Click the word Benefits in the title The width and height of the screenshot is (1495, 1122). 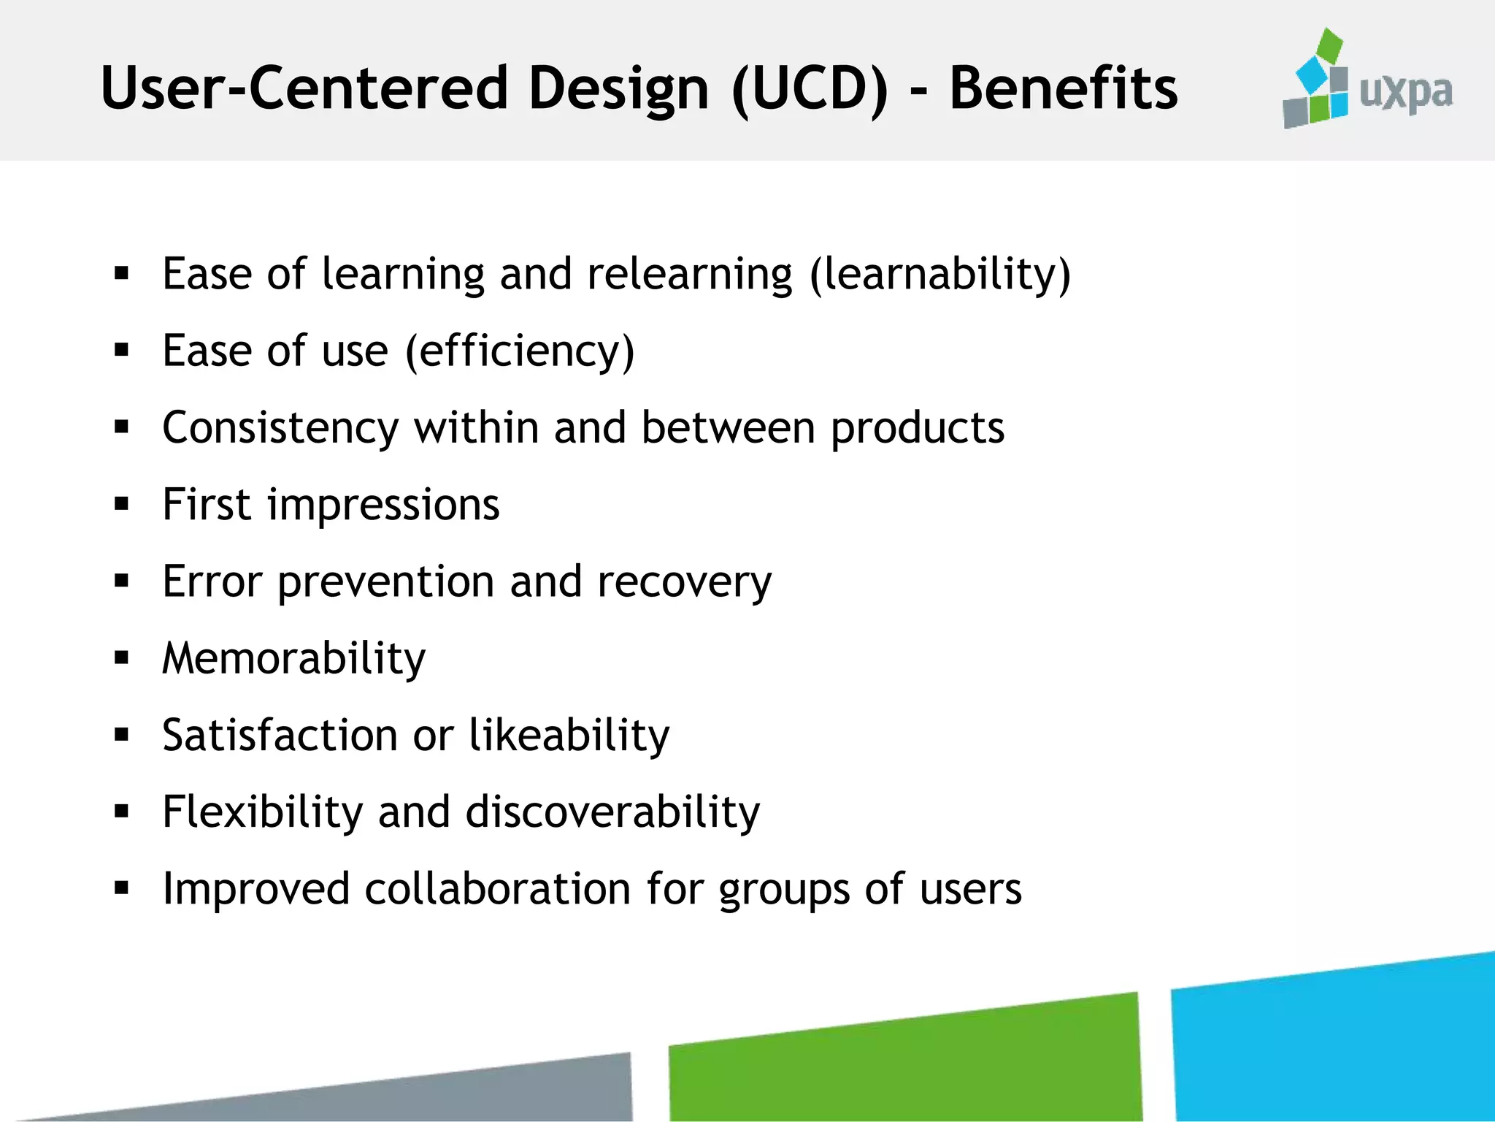[1063, 88]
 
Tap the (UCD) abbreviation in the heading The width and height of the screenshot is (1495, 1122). [810, 88]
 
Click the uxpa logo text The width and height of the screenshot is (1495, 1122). [1406, 93]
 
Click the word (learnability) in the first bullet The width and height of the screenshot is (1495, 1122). [940, 275]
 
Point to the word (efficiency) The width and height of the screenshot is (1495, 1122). [520, 351]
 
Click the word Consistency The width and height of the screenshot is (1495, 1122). [280, 428]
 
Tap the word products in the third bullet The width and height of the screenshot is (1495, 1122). [918, 428]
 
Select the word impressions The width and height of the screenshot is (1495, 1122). [383, 505]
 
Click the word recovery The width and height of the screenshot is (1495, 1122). [684, 582]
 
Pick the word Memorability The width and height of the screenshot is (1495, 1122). [293, 659]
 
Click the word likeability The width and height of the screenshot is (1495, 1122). [569, 736]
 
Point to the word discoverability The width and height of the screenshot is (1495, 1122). [612, 812]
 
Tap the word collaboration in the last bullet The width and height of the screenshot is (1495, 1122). [497, 889]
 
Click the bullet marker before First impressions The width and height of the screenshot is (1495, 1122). [122, 504]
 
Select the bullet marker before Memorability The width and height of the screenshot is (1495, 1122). [122, 658]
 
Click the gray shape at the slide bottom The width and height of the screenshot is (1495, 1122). [511, 1092]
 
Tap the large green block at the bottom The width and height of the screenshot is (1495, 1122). [905, 1063]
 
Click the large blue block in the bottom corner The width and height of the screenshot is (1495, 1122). [1336, 1045]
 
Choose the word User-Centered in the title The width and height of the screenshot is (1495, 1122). [304, 88]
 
